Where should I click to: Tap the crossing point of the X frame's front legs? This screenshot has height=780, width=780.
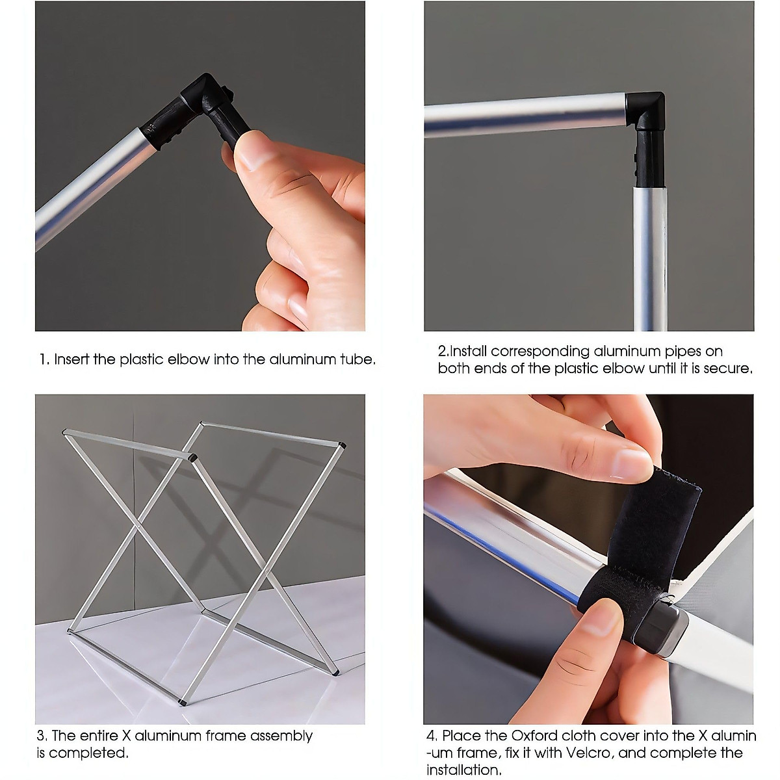point(139,526)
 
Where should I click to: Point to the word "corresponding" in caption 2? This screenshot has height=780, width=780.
point(539,352)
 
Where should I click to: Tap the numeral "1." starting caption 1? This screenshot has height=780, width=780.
point(44,359)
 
